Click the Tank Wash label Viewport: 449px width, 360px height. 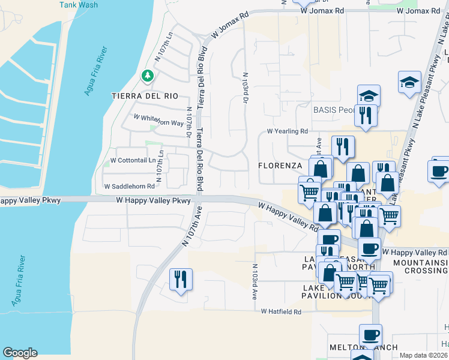click(78, 5)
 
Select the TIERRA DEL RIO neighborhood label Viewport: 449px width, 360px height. click(145, 96)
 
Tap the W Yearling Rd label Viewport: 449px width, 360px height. click(287, 131)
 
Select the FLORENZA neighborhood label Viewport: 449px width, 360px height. click(280, 165)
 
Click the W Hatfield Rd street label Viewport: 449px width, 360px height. click(281, 311)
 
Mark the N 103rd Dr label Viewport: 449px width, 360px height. click(245, 89)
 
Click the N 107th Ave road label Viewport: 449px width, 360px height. click(191, 225)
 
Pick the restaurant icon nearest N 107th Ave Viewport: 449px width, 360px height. click(179, 279)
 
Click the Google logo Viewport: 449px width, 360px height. click(20, 353)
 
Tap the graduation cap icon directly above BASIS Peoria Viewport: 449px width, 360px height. click(368, 95)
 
